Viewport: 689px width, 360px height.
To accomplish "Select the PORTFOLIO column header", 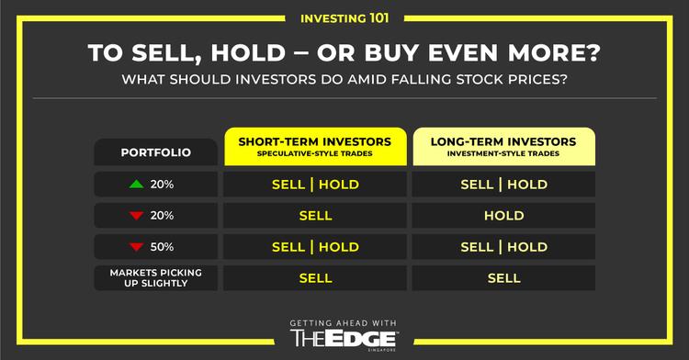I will point(155,152).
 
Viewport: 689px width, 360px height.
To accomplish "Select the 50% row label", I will point(163,247).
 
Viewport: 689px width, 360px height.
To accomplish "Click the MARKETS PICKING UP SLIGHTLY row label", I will point(155,277).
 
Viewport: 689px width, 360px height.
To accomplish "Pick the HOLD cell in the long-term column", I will point(503,216).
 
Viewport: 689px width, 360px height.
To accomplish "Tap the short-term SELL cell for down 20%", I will point(315,216).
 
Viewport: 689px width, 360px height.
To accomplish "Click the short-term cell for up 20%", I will point(315,184).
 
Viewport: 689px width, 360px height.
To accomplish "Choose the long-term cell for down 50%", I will point(503,247).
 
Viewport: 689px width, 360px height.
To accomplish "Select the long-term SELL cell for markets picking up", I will point(503,277).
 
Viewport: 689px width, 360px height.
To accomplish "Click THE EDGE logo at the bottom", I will point(344,339).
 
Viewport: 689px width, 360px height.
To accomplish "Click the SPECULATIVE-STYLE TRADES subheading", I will point(315,155).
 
